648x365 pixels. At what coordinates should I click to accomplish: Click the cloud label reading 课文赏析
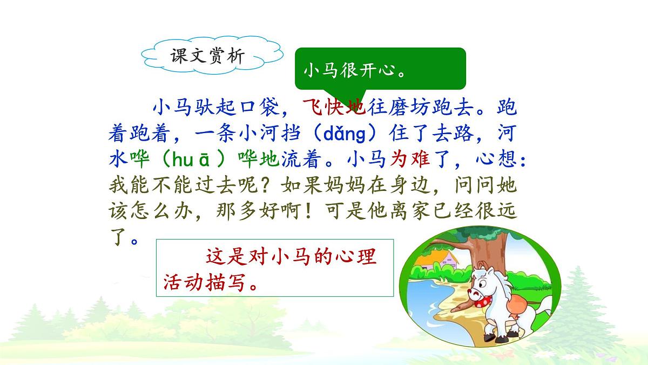[x=207, y=56]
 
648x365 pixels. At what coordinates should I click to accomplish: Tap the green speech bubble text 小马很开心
[x=355, y=71]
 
